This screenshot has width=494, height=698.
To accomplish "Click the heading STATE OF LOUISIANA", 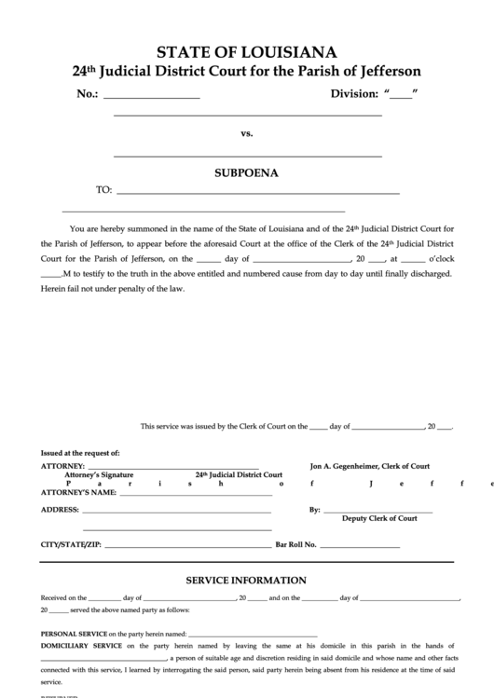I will (x=247, y=51).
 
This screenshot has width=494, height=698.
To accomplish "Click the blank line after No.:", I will (x=151, y=96).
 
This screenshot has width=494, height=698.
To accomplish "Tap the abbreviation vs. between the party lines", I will (x=247, y=133).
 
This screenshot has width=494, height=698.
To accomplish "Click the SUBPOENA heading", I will (x=247, y=172).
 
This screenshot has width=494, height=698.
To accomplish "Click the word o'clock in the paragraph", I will (x=440, y=258).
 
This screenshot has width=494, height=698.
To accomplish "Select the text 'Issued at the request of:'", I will (x=80, y=453).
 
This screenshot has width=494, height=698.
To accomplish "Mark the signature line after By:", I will (x=377, y=511).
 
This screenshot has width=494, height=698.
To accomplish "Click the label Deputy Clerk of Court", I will (x=379, y=518).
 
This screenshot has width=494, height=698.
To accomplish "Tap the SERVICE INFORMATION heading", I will (x=246, y=580).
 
